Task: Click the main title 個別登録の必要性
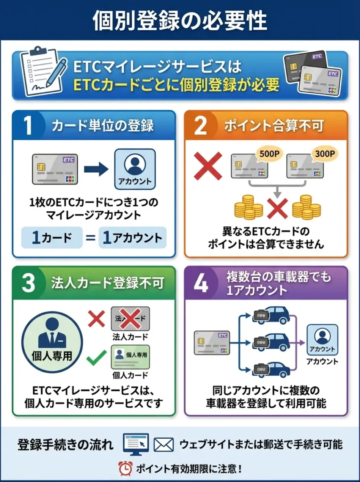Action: pyautogui.click(x=180, y=20)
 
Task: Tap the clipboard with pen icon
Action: pyautogui.click(x=41, y=72)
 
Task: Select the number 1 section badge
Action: pyautogui.click(x=28, y=126)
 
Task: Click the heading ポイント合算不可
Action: pyautogui.click(x=273, y=126)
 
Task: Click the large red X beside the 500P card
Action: pyautogui.click(x=208, y=167)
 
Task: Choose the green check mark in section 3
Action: pyautogui.click(x=96, y=358)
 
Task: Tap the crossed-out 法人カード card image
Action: pyautogui.click(x=130, y=319)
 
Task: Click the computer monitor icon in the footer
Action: pyautogui.click(x=136, y=444)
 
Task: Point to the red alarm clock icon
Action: pyautogui.click(x=125, y=468)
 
